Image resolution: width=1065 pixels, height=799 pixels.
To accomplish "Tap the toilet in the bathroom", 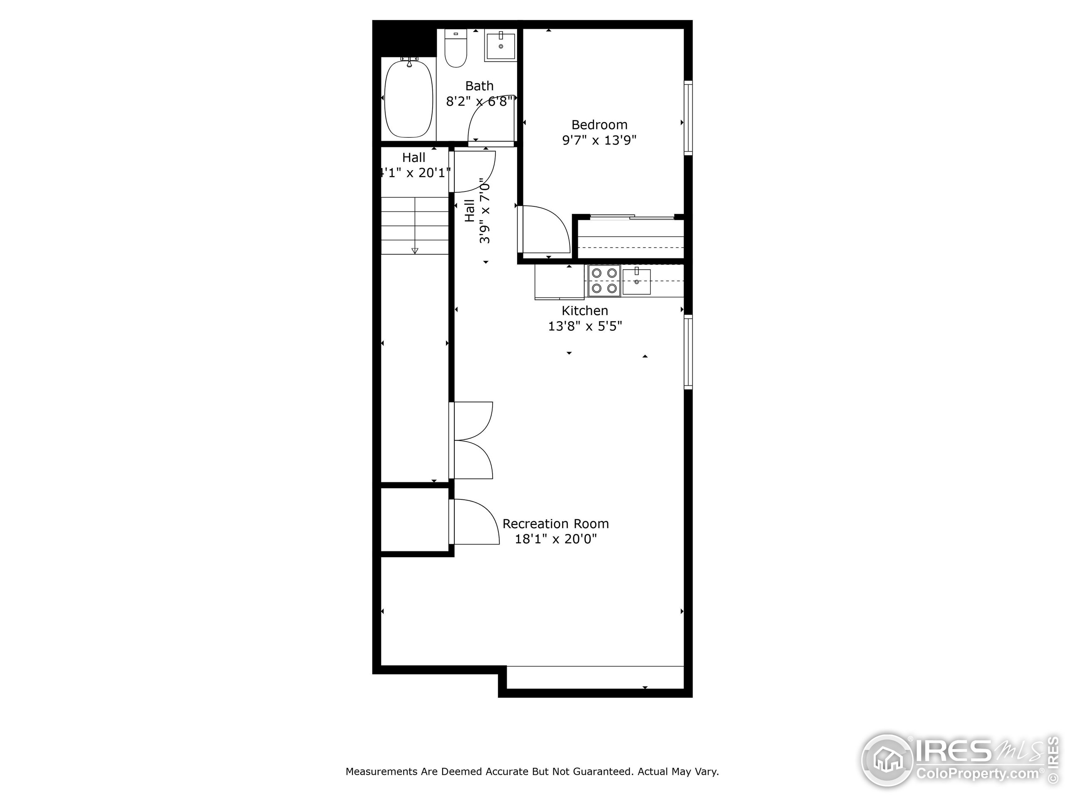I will (456, 50).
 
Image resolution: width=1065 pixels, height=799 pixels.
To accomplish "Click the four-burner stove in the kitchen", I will (604, 280).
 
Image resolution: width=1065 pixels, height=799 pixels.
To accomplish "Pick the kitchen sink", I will (636, 282).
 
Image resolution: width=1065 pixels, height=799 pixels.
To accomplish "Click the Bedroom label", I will (599, 125).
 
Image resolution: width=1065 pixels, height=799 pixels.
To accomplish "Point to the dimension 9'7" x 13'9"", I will (599, 140).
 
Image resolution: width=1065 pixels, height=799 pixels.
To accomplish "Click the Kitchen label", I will (585, 310).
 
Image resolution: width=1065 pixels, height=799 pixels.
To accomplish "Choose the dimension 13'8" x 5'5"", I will (585, 326).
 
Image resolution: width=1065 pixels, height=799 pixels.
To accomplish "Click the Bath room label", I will (479, 86).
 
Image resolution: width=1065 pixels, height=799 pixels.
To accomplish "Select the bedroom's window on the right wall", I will (688, 118).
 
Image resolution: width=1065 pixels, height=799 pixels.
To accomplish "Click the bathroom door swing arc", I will (489, 118).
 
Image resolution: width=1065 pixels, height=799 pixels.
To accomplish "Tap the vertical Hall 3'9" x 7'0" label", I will (477, 211).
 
